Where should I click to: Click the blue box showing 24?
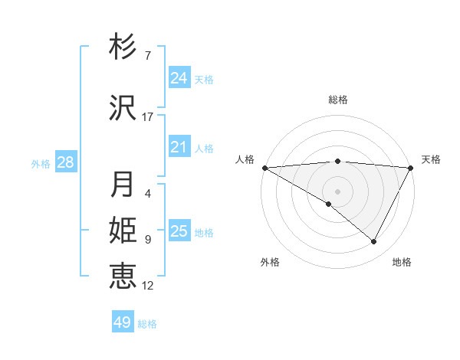[179, 78]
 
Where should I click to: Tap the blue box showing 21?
[179, 147]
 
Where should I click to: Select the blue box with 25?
[179, 231]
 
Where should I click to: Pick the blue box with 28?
[65, 162]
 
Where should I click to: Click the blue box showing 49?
[123, 322]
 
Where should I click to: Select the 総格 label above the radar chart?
[338, 100]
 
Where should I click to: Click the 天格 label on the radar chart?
[432, 159]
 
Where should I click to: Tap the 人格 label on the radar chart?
[245, 159]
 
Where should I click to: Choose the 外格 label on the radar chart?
[270, 262]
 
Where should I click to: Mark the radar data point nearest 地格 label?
[374, 242]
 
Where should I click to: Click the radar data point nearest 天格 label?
[411, 168]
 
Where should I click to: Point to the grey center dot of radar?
[337, 191]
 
